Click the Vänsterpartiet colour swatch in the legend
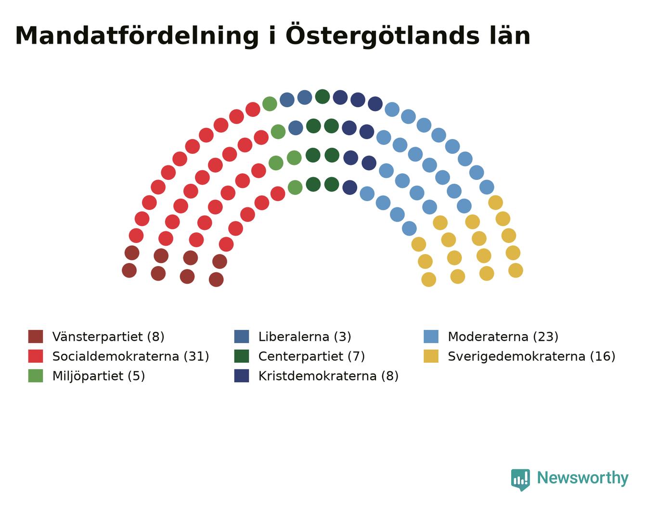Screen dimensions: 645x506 pos(36,337)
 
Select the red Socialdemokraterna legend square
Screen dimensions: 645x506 pos(36,356)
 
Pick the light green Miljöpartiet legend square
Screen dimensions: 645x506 pos(36,376)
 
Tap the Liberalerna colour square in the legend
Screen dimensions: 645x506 pos(242,337)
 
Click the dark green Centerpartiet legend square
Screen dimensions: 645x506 pos(242,356)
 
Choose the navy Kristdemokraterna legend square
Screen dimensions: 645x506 pos(242,376)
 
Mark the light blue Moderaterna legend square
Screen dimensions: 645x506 pos(431,337)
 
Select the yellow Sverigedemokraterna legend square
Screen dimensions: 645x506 pos(431,356)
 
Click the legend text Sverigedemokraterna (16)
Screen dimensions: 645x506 pos(531,356)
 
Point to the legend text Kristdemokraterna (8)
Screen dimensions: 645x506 pos(328,376)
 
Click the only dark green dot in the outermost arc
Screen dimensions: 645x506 pos(322,97)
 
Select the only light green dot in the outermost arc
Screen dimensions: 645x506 pos(270,104)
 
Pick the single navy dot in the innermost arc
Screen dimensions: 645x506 pos(350,188)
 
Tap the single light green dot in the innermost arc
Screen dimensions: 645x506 pos(295,188)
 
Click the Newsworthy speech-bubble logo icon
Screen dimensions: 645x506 pos(520,480)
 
